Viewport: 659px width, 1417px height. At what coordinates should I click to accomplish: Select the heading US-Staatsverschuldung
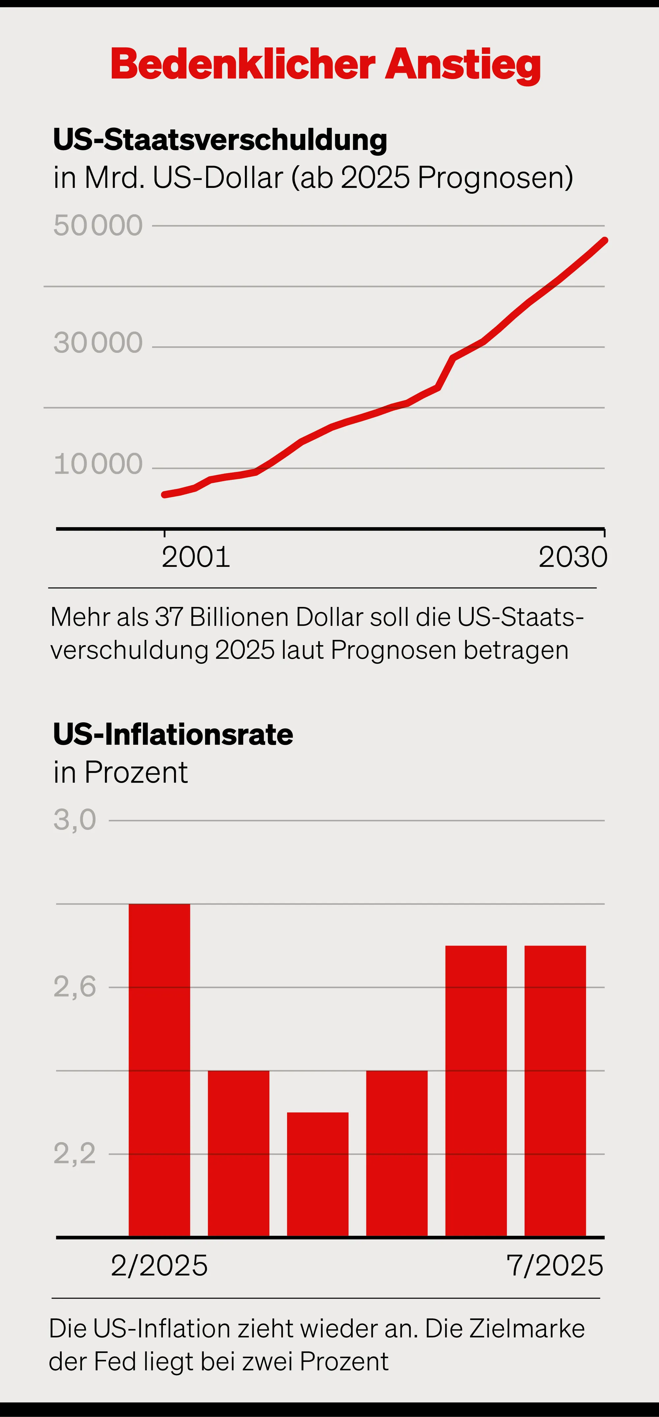tap(220, 140)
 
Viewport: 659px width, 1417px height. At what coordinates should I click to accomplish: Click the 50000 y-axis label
tap(98, 225)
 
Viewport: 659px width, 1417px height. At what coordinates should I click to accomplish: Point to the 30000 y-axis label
tap(98, 343)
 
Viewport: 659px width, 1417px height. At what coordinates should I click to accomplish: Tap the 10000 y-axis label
tap(98, 464)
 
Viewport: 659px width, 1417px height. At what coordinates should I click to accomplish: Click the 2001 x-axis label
tap(196, 557)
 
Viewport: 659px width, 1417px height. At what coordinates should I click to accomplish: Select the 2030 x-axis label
tap(573, 557)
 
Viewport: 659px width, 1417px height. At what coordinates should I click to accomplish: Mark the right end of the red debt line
tap(605, 240)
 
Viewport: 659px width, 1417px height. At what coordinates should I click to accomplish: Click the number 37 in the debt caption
tap(168, 617)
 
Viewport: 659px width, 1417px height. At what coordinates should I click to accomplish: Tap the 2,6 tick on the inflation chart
tap(75, 987)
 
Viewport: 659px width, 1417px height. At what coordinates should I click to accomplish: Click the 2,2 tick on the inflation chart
tap(75, 1153)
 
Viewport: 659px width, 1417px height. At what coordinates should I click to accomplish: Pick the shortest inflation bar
tap(317, 1174)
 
